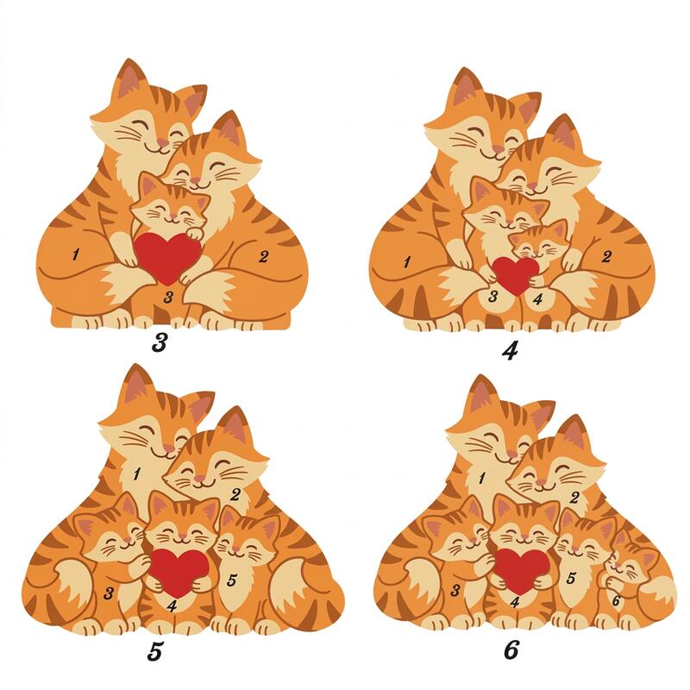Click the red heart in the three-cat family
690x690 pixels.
click(166, 257)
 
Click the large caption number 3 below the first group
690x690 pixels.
click(160, 342)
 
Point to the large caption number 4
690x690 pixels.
click(510, 350)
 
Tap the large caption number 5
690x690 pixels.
click(155, 651)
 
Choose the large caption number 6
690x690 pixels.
click(511, 649)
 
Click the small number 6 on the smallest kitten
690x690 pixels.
click(616, 599)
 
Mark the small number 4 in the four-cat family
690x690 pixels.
click(537, 299)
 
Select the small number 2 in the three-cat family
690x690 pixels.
click(263, 256)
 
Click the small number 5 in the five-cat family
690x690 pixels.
click(232, 580)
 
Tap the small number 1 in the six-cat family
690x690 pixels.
click(482, 478)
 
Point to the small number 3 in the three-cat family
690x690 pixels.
click(168, 298)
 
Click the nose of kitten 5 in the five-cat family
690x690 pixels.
click(236, 549)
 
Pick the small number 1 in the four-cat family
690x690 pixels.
click(406, 262)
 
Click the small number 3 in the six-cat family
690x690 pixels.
click(456, 590)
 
